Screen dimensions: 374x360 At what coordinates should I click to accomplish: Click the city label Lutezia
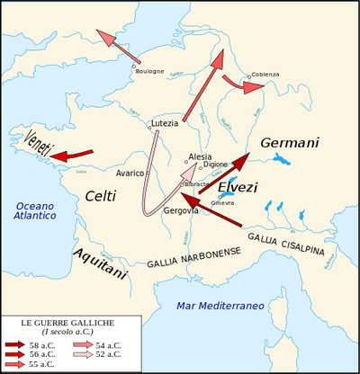165,123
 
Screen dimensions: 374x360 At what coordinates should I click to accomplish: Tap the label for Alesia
200,156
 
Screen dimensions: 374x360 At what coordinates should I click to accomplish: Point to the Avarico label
130,173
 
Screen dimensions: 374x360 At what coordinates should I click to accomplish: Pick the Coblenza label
265,74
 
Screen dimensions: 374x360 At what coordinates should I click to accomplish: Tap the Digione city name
216,165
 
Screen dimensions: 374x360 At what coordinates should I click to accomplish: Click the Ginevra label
222,203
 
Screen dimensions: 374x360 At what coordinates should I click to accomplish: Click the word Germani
289,143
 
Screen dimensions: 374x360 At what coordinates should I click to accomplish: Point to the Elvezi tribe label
238,188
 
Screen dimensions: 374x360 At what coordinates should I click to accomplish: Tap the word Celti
101,196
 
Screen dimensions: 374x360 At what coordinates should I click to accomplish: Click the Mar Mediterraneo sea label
220,306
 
